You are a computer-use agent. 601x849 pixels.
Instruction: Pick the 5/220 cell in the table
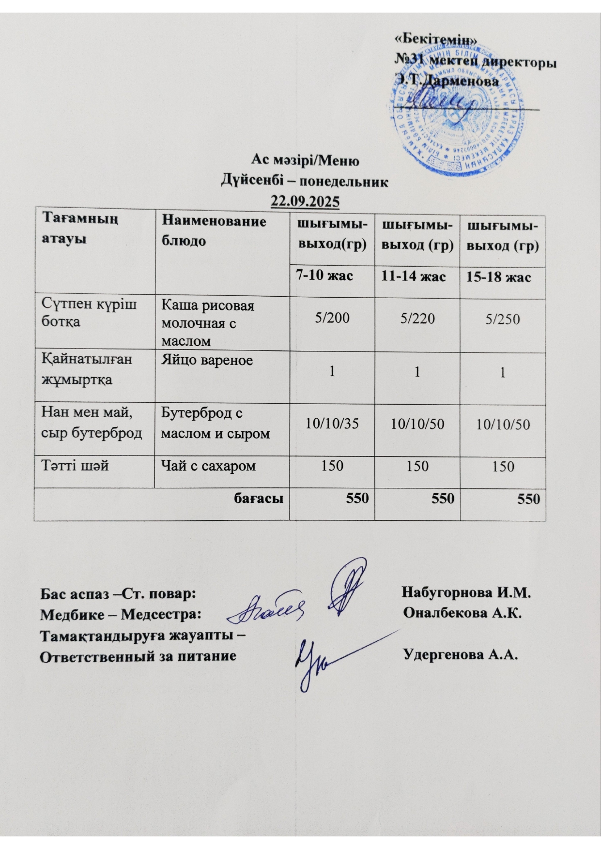[x=417, y=318]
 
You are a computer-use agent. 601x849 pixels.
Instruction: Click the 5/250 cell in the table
[x=503, y=319]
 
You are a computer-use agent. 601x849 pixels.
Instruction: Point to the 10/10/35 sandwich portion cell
[x=332, y=424]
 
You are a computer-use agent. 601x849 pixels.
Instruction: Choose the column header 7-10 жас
[x=325, y=276]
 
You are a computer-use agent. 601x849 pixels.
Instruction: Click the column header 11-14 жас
[x=413, y=276]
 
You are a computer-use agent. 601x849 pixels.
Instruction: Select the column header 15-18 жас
[x=498, y=277]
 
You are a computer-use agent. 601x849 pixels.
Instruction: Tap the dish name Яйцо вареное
[x=207, y=360]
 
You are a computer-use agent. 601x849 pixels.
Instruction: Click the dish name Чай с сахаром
[x=209, y=466]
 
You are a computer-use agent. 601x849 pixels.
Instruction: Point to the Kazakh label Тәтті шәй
[x=75, y=466]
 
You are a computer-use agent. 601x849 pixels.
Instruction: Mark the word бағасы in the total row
[x=259, y=498]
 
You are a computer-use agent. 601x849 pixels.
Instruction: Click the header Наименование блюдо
[x=214, y=231]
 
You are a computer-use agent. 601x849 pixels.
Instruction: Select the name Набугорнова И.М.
[x=466, y=592]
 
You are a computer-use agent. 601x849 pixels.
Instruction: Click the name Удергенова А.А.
[x=461, y=655]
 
